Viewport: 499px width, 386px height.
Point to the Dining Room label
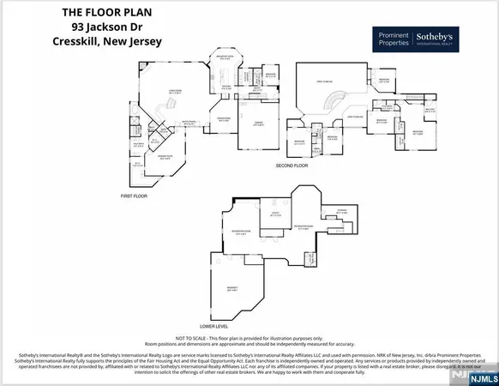[225, 120]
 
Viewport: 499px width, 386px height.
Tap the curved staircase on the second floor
[329, 102]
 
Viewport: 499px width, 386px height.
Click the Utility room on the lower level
[277, 214]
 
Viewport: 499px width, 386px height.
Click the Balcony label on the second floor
[432, 111]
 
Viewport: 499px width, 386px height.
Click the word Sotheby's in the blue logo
[439, 37]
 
